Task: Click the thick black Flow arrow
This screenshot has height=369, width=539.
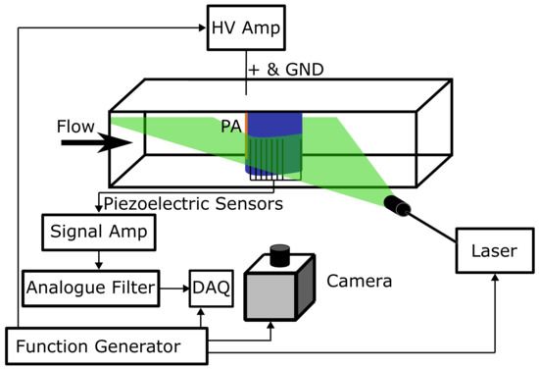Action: point(94,143)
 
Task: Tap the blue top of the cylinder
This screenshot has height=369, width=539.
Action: point(278,126)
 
